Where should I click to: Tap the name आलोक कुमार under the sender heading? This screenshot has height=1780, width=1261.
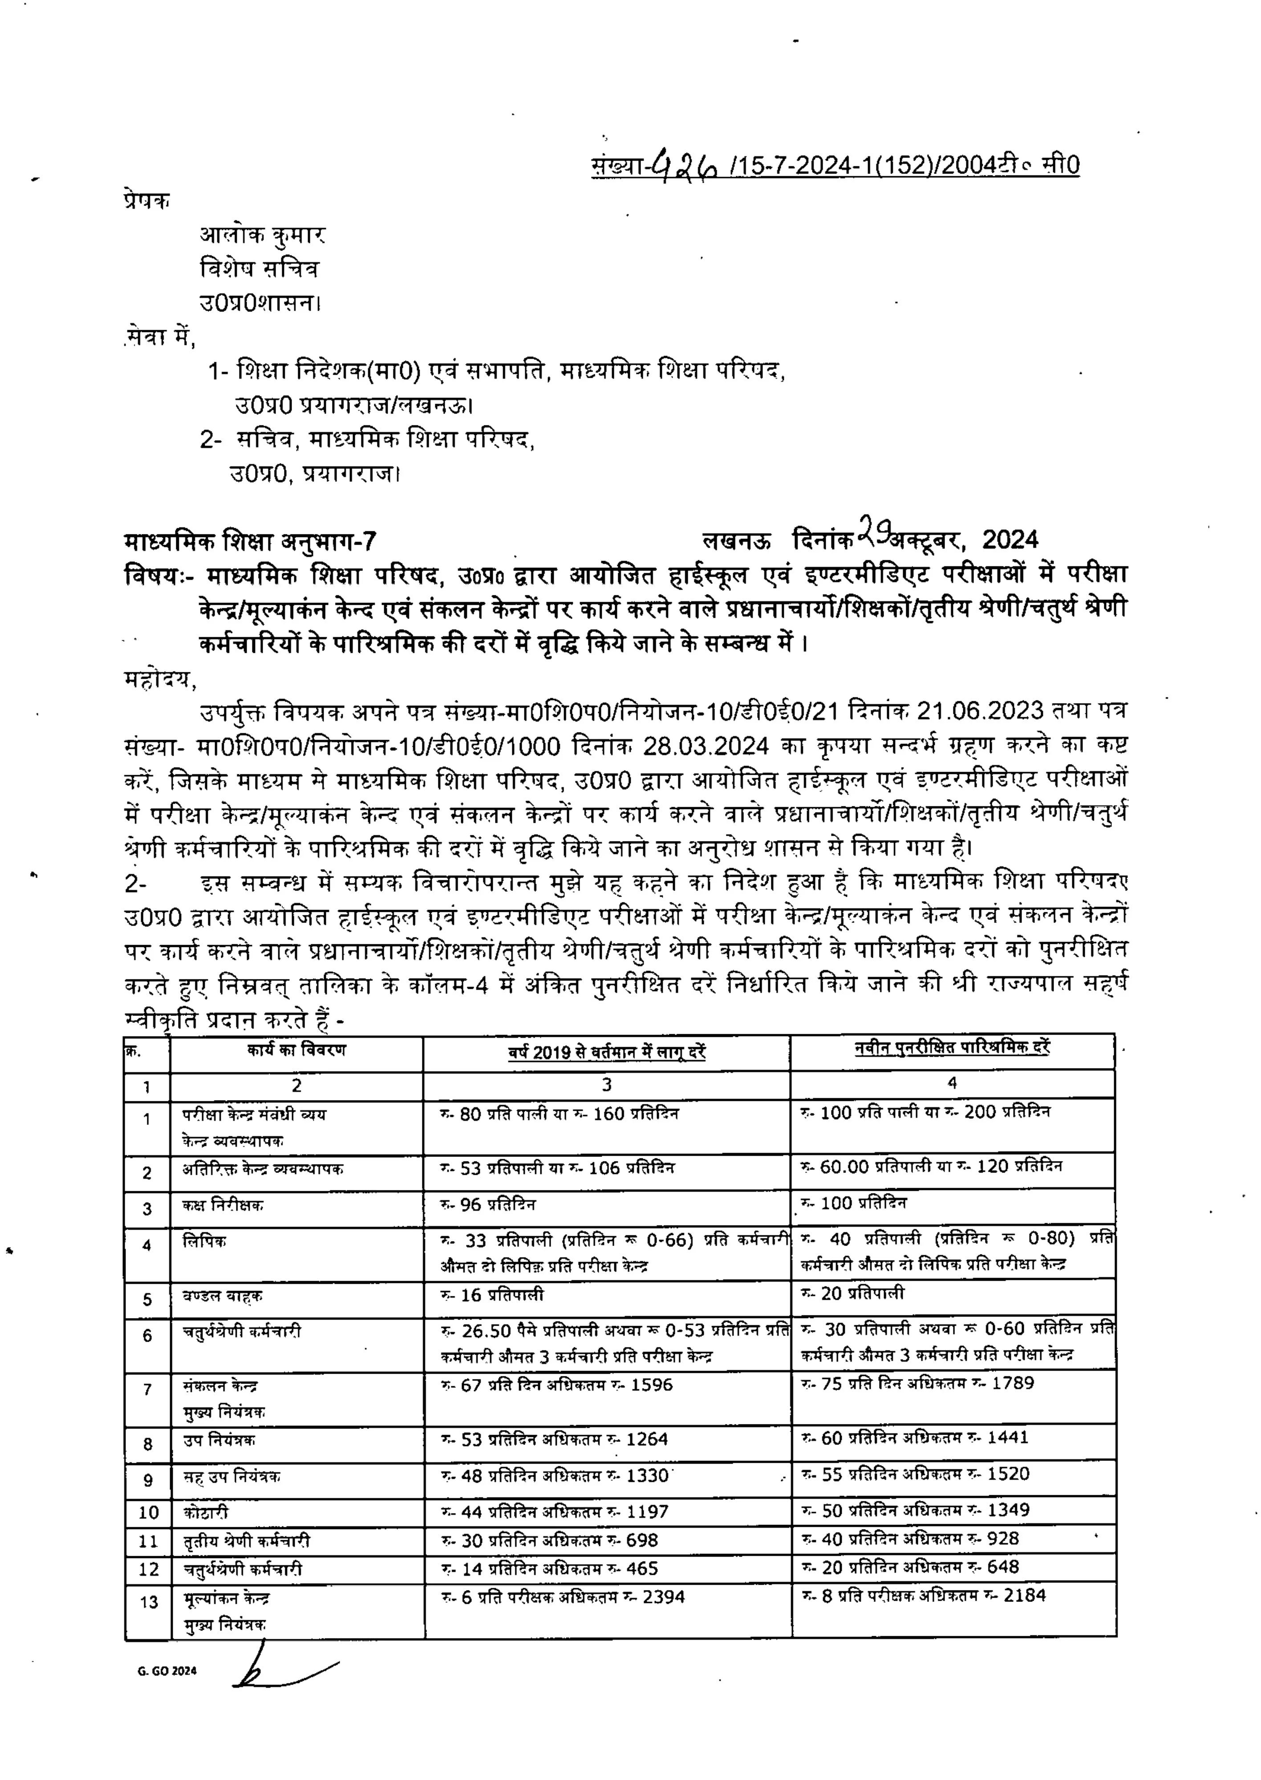pyautogui.click(x=263, y=235)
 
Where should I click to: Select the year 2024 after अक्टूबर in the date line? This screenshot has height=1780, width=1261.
pyautogui.click(x=1010, y=539)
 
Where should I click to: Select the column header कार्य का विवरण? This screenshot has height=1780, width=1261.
pyautogui.click(x=296, y=1050)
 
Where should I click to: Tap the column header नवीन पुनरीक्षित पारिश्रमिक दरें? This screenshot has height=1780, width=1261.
pyautogui.click(x=952, y=1048)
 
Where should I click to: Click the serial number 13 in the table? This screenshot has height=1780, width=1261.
pyautogui.click(x=148, y=1602)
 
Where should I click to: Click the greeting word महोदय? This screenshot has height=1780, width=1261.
pyautogui.click(x=160, y=679)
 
